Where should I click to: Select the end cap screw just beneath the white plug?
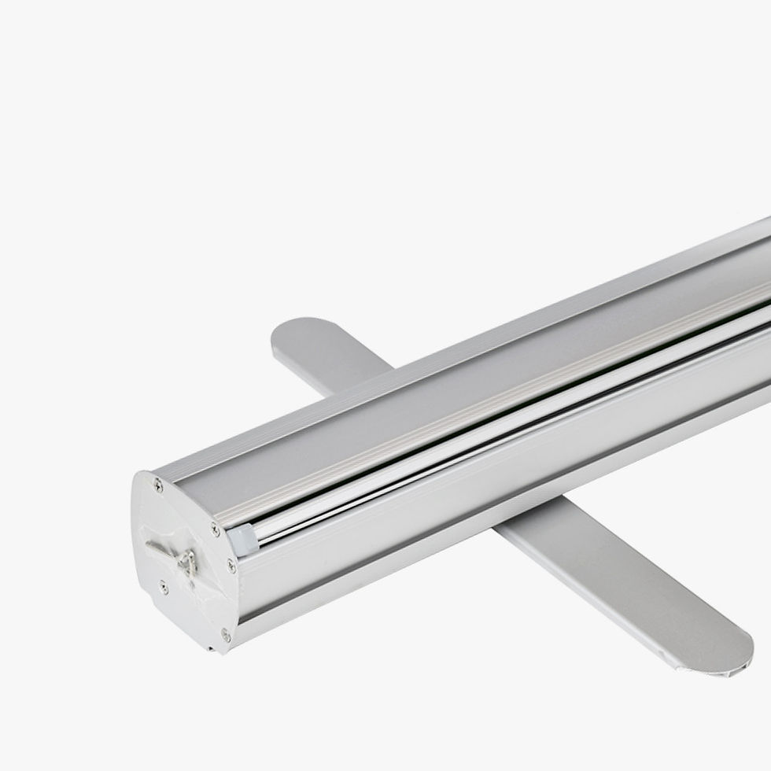pos(231,565)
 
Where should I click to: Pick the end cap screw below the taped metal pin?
pos(164,585)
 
